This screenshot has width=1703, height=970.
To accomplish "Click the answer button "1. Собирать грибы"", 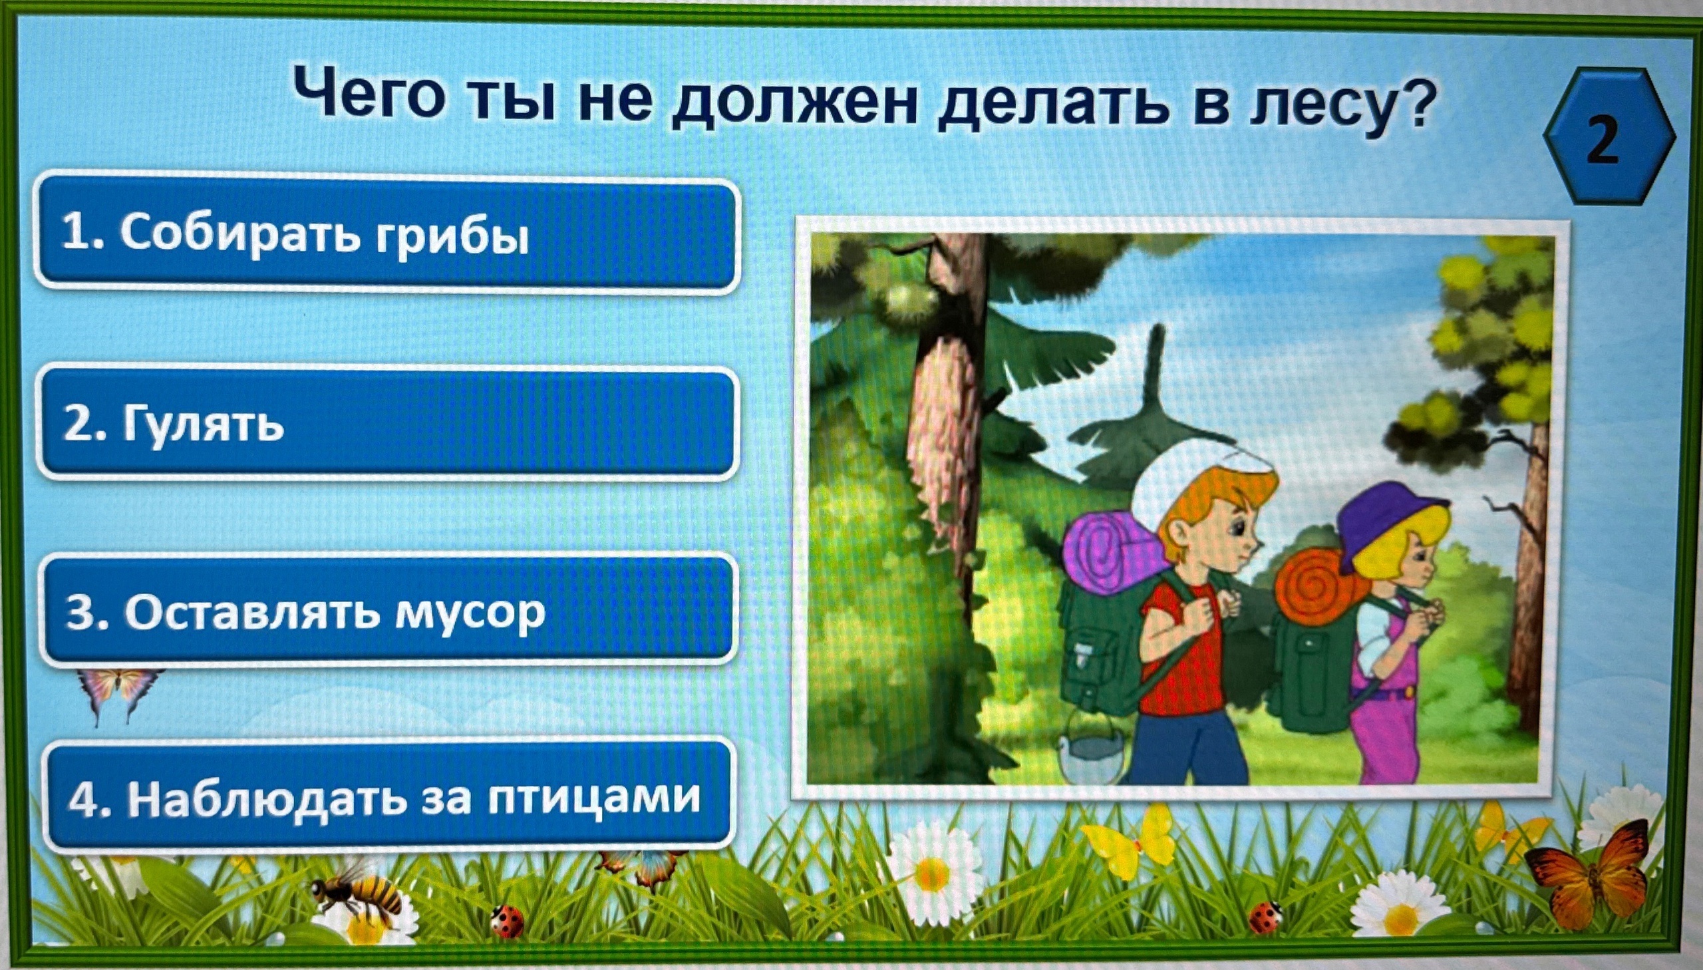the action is click(x=387, y=234).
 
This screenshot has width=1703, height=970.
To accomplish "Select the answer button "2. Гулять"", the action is click(x=388, y=423).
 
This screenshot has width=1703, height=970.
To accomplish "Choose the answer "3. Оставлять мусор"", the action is click(x=390, y=609).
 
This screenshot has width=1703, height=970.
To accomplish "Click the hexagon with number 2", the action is click(x=1607, y=137).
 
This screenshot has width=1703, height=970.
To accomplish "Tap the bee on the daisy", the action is click(x=357, y=894).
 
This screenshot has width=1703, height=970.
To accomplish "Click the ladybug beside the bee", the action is click(x=507, y=921).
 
